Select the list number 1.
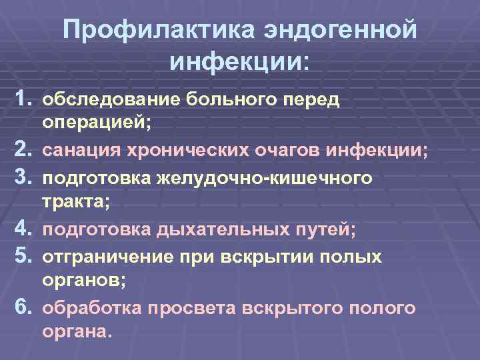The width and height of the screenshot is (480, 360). (25, 99)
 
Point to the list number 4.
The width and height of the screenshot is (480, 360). (25, 230)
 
